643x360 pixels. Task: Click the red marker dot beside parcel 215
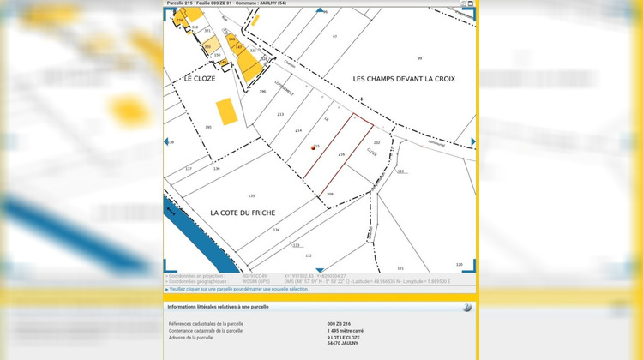314,147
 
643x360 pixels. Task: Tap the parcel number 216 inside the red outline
341,154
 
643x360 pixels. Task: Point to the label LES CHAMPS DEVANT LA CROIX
404,78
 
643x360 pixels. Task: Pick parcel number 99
419,57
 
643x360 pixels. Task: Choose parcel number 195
207,127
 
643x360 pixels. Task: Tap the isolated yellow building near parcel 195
226,111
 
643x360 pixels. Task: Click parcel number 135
251,196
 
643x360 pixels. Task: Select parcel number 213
279,114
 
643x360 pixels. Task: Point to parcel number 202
376,143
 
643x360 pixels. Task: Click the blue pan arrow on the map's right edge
472,141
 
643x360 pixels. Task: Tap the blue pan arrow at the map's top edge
320,10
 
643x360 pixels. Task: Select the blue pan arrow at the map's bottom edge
320,270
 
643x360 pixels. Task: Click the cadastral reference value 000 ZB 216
339,324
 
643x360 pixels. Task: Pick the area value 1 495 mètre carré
346,331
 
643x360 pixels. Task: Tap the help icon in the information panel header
466,307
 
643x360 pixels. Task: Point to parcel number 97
335,37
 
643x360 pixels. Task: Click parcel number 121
400,267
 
